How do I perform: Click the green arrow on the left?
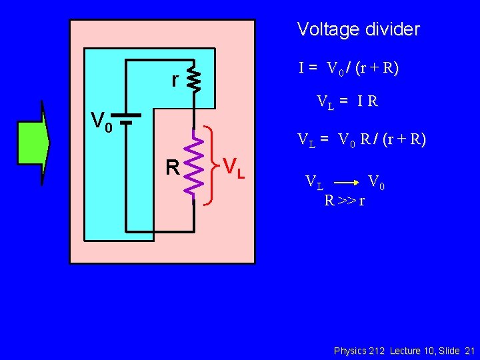pos(33,141)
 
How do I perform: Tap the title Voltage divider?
pos(358,29)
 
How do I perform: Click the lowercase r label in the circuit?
pos(175,80)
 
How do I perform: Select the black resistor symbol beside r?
pos(193,78)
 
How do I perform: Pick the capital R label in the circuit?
pos(173,167)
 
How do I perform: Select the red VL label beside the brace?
pos(234,167)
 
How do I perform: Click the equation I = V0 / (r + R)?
pos(349,68)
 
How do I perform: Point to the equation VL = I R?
pos(347,102)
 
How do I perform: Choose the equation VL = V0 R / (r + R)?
pos(361,140)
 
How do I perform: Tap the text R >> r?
pos(344,199)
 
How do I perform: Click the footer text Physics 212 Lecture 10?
pos(384,351)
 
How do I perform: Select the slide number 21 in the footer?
pos(469,351)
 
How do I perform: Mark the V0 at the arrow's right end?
pos(376,181)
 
